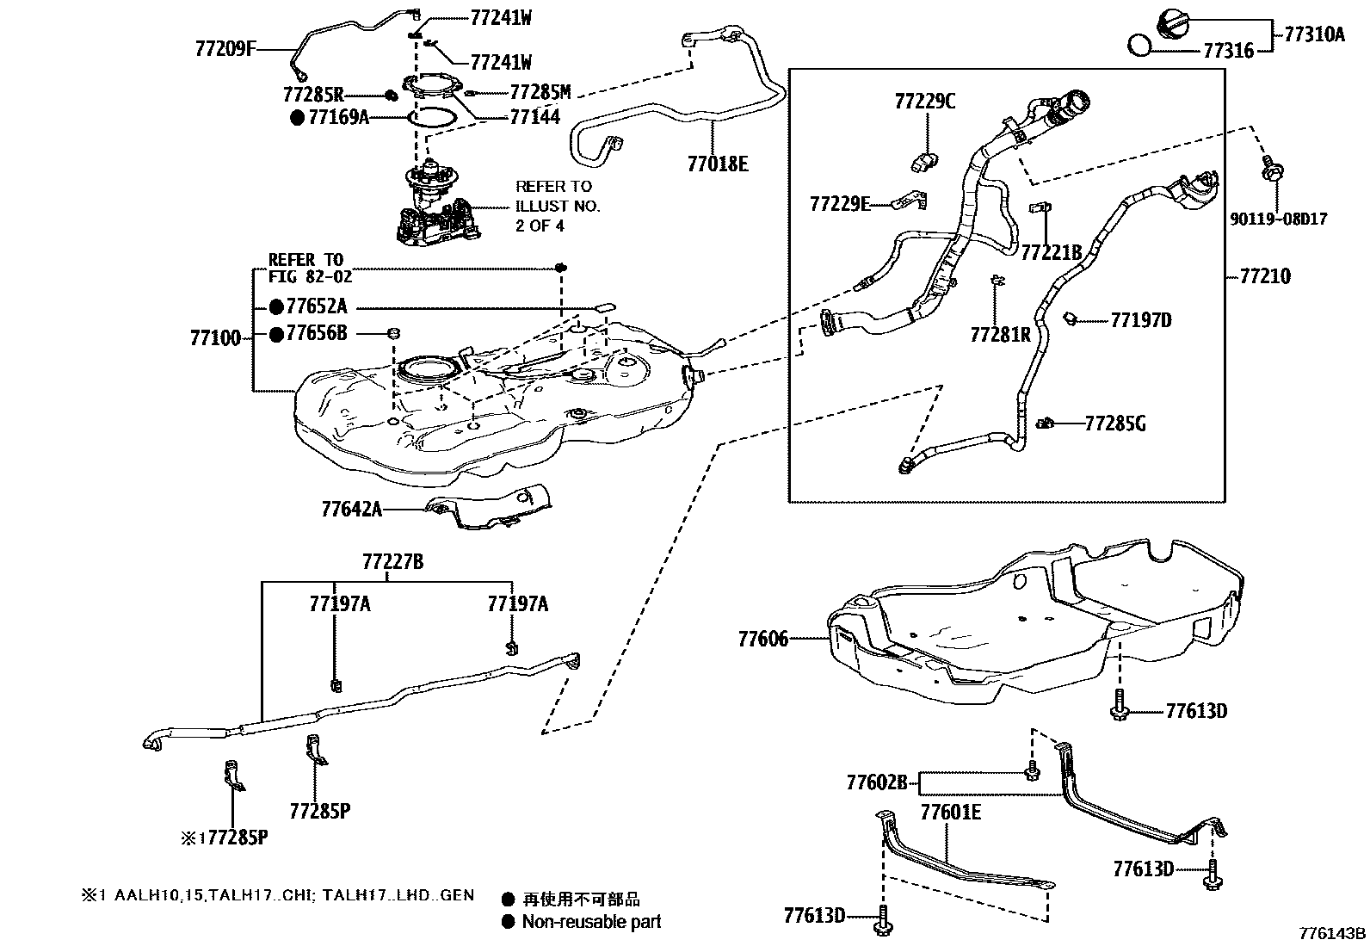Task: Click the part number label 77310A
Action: (x=1314, y=34)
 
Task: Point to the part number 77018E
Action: (x=718, y=164)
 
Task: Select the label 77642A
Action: (x=351, y=509)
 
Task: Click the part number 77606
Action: (x=762, y=639)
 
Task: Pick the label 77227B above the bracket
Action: (x=392, y=562)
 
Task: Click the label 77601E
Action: (x=951, y=812)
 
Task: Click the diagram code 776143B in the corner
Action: (x=1332, y=933)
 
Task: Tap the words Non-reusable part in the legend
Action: (x=592, y=922)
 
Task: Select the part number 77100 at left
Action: (x=216, y=337)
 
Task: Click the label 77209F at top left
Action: (x=225, y=49)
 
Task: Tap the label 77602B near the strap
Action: (x=877, y=782)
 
